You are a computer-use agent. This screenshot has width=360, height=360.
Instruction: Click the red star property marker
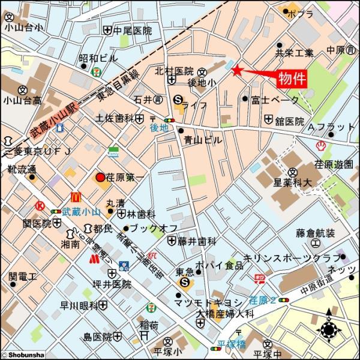coord(237,71)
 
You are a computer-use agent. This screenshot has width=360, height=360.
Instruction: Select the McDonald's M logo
coord(76,196)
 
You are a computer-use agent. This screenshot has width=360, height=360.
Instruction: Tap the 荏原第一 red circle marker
coord(100,178)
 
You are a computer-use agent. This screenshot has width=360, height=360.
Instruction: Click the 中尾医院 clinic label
coord(133,30)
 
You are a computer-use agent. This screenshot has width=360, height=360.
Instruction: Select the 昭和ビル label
coord(98,59)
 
